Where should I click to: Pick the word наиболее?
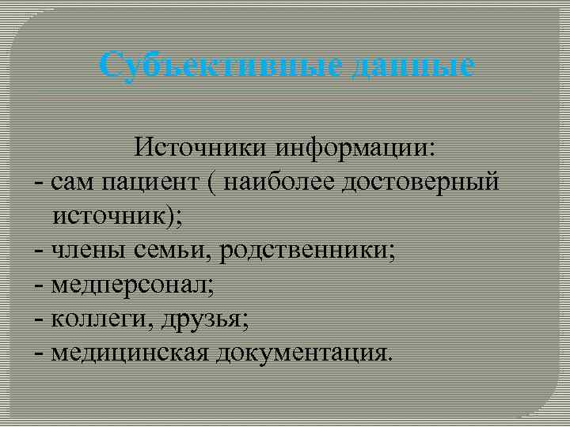pyautogui.click(x=279, y=183)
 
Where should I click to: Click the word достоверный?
pyautogui.click(x=420, y=183)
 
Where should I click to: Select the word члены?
pyautogui.click(x=86, y=251)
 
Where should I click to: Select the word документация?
pyautogui.click(x=300, y=353)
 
